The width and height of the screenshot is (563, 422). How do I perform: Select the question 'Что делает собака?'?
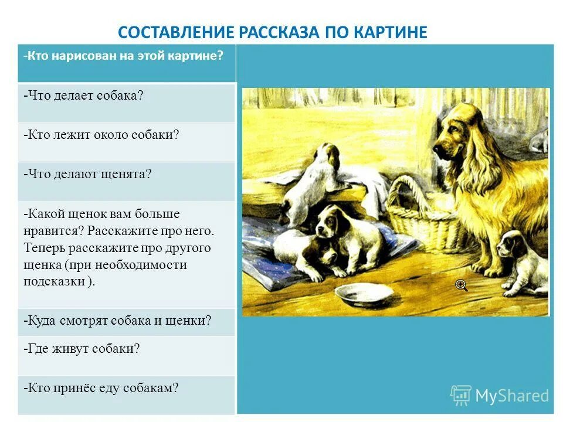(84, 95)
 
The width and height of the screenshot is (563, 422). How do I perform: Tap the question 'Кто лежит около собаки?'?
(101, 135)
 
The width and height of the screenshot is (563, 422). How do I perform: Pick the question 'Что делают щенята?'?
(87, 175)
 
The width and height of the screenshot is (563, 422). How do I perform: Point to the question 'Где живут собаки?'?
(82, 349)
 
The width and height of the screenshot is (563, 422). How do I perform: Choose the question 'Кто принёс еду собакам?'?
(101, 388)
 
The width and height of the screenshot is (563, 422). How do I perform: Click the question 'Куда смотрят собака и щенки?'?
(117, 321)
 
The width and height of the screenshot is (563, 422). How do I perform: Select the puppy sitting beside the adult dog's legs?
(520, 261)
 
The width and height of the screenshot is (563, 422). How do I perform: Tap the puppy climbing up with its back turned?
(313, 176)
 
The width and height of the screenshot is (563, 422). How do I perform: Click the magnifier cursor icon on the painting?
(462, 285)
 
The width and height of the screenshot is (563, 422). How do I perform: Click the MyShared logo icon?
(461, 395)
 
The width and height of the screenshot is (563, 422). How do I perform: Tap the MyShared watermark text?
(511, 396)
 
